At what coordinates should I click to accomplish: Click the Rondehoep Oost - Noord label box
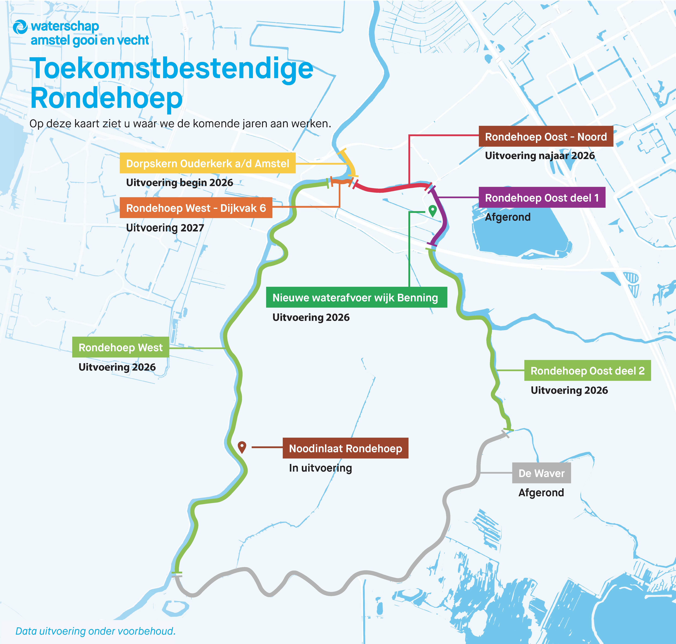(546, 137)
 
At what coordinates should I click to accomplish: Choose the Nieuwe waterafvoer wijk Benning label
(356, 297)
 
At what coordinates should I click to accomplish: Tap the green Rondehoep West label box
(120, 347)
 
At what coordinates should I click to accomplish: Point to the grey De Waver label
(541, 473)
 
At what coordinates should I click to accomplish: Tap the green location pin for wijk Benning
(432, 210)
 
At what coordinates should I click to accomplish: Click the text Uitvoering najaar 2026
(539, 156)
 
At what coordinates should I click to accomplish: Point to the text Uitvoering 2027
(165, 228)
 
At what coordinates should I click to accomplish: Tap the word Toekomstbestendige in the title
(172, 69)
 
